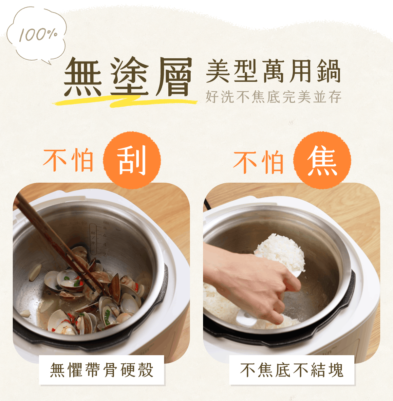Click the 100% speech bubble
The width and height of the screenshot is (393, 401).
pyautogui.click(x=36, y=34)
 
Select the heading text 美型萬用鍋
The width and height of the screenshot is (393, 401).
pyautogui.click(x=273, y=71)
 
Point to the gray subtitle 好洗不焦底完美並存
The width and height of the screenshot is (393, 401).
pyautogui.click(x=273, y=97)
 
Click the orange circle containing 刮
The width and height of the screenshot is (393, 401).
pyautogui.click(x=132, y=160)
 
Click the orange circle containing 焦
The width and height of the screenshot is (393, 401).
pyautogui.click(x=322, y=160)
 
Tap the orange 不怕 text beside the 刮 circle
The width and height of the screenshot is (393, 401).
pyautogui.click(x=68, y=160)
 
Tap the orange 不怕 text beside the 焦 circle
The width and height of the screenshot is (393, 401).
pyautogui.click(x=258, y=162)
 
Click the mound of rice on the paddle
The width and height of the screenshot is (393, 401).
pyautogui.click(x=280, y=252)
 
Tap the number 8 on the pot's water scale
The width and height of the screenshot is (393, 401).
pyautogui.click(x=105, y=228)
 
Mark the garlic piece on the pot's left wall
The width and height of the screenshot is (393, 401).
pyautogui.click(x=35, y=272)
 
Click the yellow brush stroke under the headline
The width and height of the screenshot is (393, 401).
pyautogui.click(x=125, y=102)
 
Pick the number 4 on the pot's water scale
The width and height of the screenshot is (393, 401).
pyautogui.click(x=105, y=245)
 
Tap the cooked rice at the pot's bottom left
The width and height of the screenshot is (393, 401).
pyautogui.click(x=219, y=300)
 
